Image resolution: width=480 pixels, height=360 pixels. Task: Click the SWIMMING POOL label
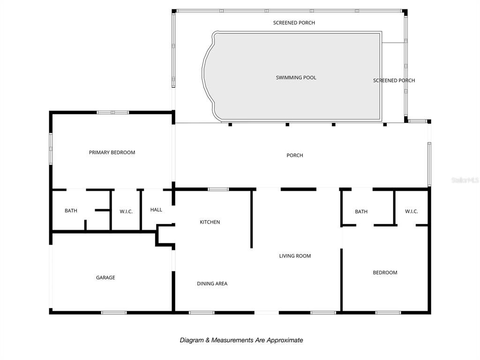(x=296, y=77)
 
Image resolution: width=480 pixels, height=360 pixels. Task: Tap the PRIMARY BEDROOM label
(x=112, y=152)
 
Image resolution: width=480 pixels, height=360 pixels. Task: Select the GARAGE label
(x=105, y=277)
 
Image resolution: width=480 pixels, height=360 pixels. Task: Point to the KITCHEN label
(x=210, y=222)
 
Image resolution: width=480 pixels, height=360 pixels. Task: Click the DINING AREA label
(x=212, y=284)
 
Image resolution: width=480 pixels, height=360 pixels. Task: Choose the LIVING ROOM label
(x=295, y=256)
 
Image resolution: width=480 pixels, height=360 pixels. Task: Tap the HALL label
(x=156, y=210)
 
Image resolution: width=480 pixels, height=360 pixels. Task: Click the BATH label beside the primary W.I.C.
(x=71, y=211)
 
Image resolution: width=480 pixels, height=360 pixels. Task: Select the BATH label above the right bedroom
(x=361, y=212)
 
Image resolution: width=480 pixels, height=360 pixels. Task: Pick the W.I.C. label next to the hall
(x=126, y=212)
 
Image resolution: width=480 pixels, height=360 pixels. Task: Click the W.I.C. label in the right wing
(x=411, y=211)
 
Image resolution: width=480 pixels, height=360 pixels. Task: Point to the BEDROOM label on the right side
(x=385, y=273)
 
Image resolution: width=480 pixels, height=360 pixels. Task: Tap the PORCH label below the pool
(x=295, y=156)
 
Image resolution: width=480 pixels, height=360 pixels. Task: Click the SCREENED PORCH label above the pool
(x=294, y=23)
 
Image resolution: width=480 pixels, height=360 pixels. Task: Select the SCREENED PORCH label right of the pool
(x=394, y=81)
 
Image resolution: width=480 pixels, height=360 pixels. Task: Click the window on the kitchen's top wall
(x=218, y=189)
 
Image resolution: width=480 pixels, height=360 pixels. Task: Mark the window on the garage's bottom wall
(x=114, y=313)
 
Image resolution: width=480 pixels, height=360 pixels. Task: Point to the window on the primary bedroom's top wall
(x=112, y=112)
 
